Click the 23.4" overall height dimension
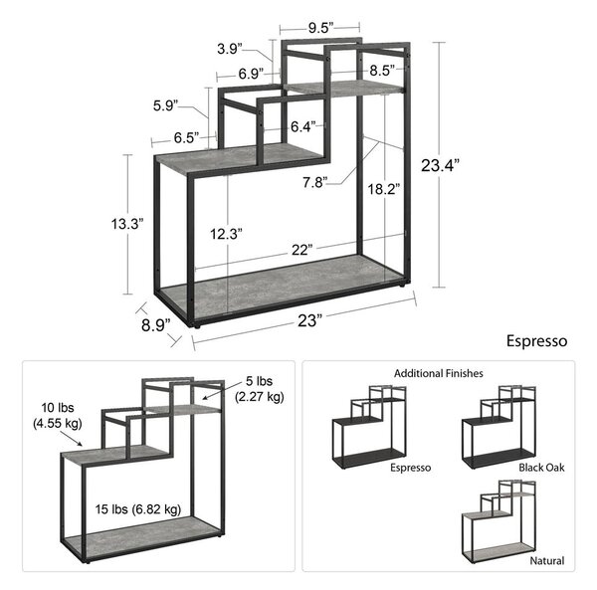click(x=440, y=165)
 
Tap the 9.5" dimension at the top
click(x=321, y=28)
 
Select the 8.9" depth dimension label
click(x=156, y=325)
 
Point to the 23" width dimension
click(x=306, y=320)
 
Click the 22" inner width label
click(x=301, y=250)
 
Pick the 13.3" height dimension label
click(x=127, y=224)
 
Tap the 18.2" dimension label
click(x=384, y=189)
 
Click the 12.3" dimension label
click(x=226, y=234)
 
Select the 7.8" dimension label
click(x=315, y=182)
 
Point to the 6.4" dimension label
click(x=303, y=126)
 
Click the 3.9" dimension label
click(x=230, y=49)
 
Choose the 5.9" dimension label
click(x=166, y=105)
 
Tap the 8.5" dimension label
click(x=382, y=70)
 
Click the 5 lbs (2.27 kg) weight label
click(x=260, y=389)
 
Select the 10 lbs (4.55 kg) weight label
click(x=58, y=415)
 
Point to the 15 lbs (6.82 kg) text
click(x=138, y=509)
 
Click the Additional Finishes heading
click(x=438, y=373)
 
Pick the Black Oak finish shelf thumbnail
click(x=499, y=428)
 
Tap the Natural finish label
click(x=546, y=561)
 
